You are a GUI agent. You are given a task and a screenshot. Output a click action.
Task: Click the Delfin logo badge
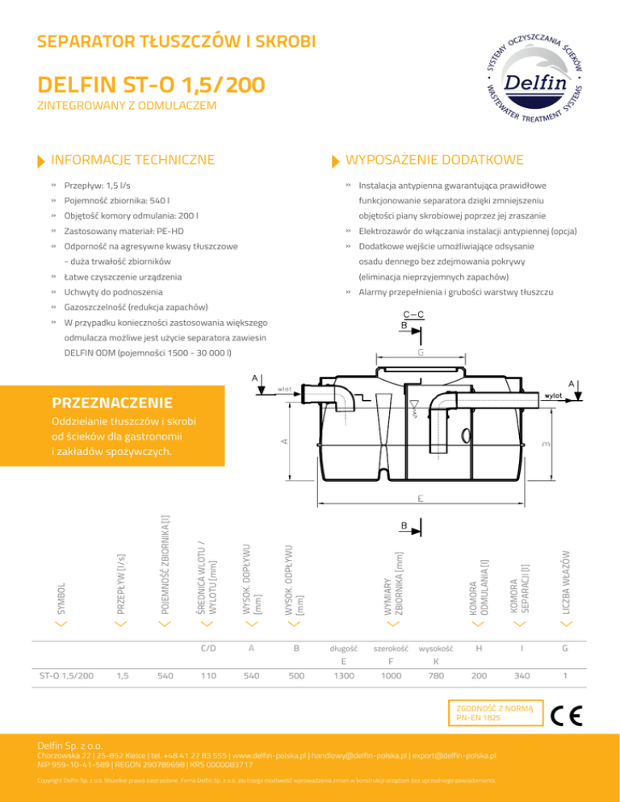pos(529,82)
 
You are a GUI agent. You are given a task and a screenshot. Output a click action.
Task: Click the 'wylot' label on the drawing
pos(553,396)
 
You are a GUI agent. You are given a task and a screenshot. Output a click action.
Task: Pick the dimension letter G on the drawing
pos(421,353)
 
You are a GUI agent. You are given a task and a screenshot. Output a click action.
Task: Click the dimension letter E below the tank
pos(421,499)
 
